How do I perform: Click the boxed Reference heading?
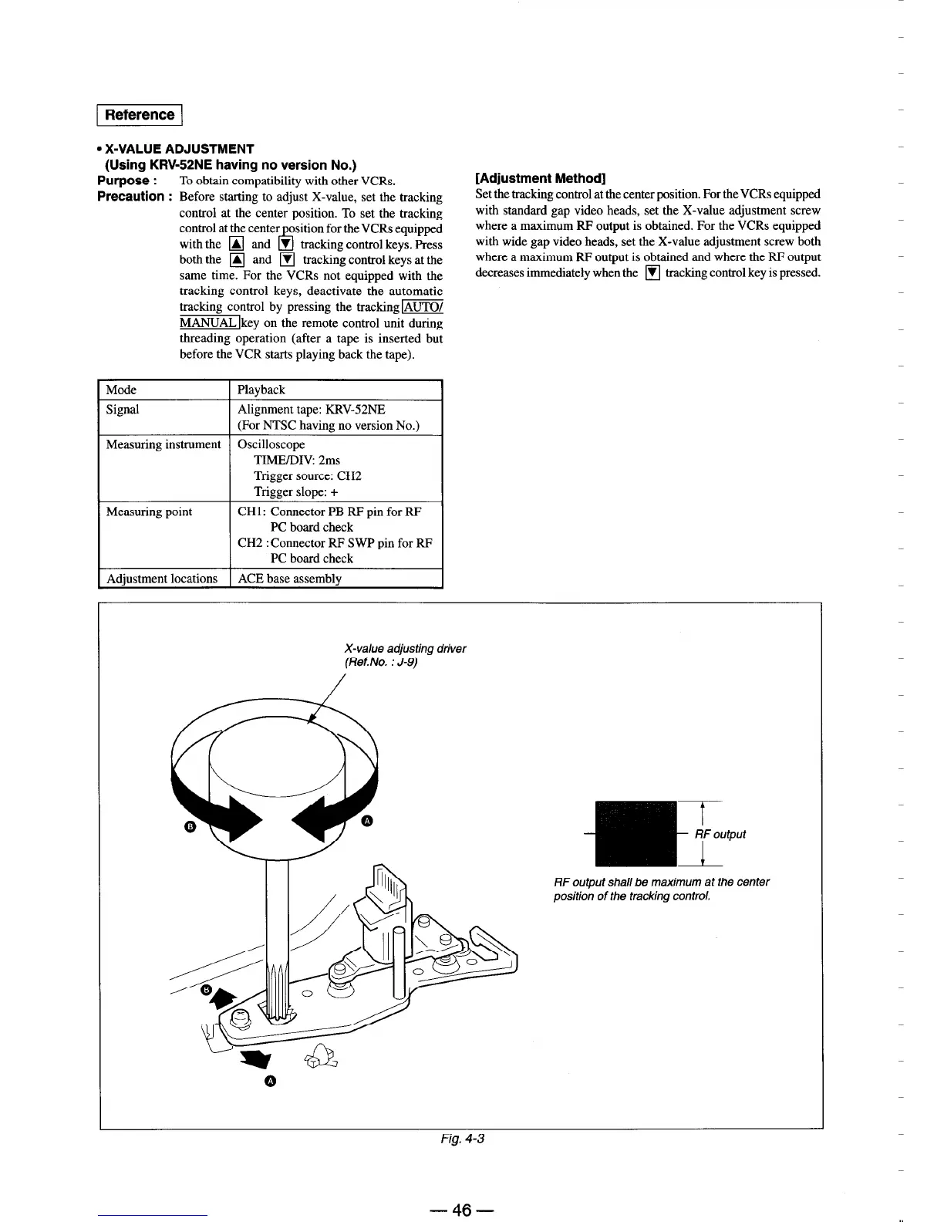pos(140,115)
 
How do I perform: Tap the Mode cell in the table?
pos(121,390)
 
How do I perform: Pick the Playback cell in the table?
pos(261,390)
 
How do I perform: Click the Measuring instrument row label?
pos(164,444)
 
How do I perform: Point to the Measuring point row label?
pos(149,511)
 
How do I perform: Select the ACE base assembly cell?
pos(289,578)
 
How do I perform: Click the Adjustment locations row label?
pos(162,578)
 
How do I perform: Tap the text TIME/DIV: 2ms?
pos(297,460)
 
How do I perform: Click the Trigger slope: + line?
pos(296,491)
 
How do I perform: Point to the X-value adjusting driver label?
pos(404,648)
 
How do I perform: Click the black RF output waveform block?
pos(636,834)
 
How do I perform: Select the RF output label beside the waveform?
pos(720,834)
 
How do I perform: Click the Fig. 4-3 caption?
pos(462,1138)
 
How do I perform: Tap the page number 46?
pos(462,1210)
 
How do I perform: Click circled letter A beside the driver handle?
pos(367,820)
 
